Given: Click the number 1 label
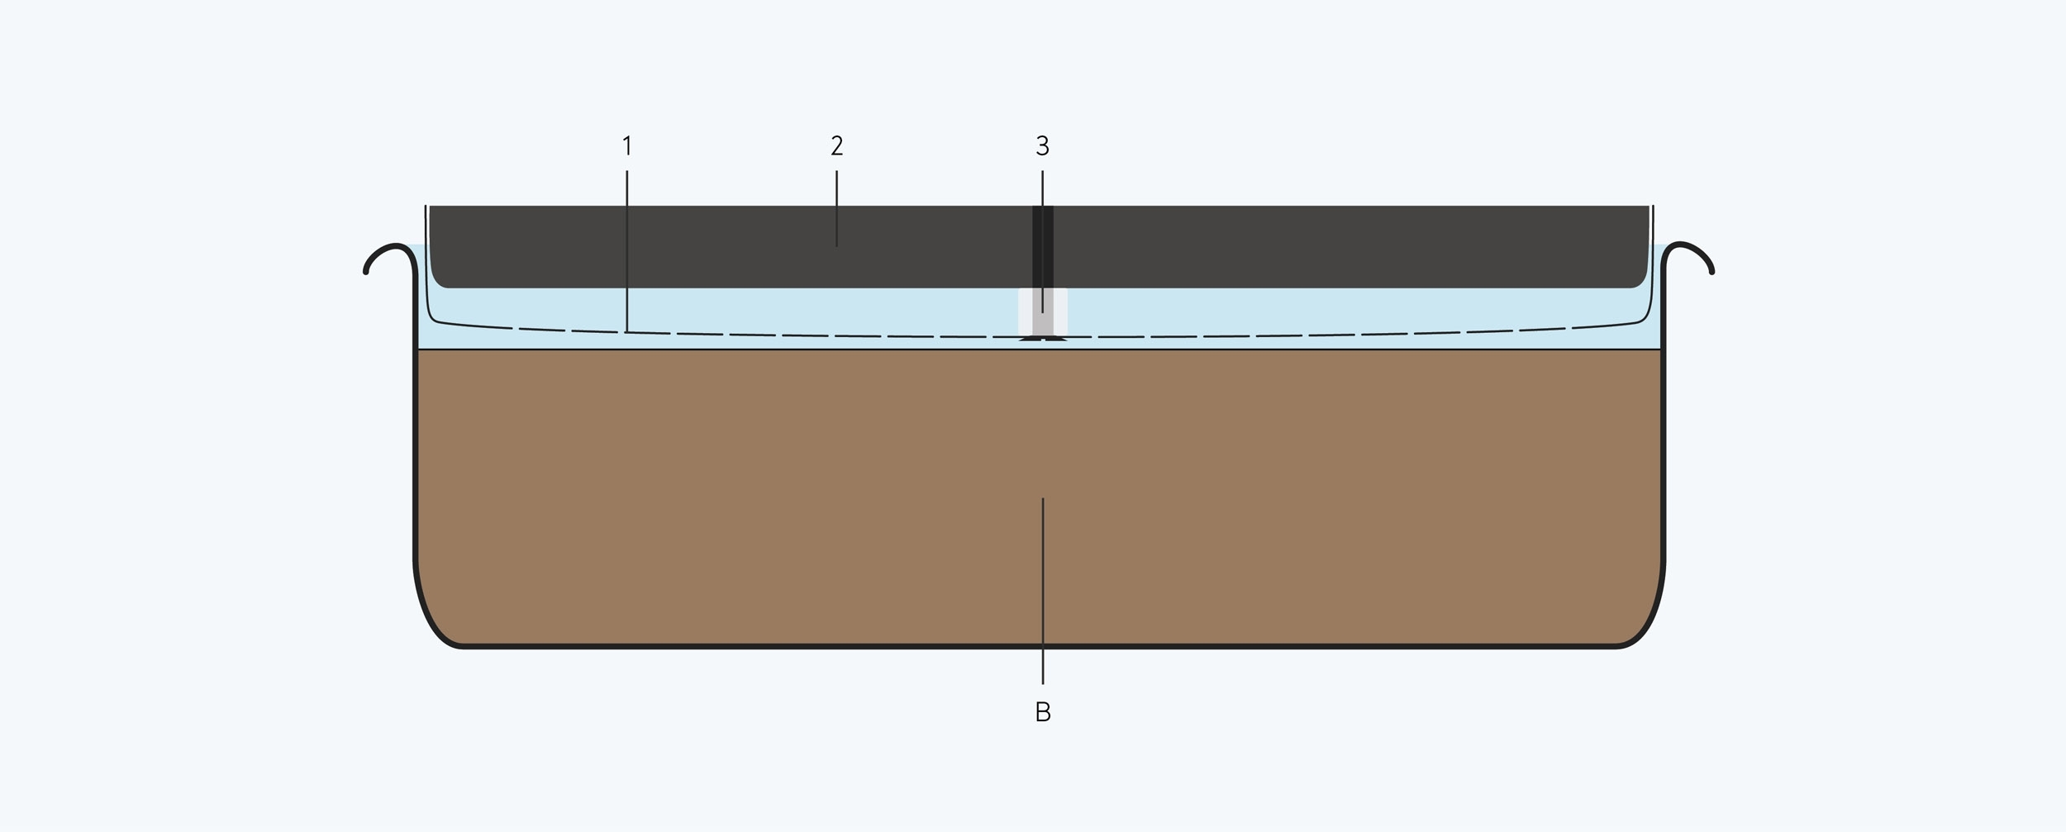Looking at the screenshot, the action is click(627, 146).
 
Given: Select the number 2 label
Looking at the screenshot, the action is click(836, 146).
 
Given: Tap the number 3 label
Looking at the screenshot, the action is click(1042, 146).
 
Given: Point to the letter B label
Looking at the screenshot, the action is click(1043, 711).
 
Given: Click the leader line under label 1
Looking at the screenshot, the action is click(627, 251).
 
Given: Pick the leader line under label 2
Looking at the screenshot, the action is click(836, 208).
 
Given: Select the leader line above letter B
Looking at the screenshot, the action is click(1043, 591).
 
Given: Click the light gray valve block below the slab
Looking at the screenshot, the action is click(1043, 311).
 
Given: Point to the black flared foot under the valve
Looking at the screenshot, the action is click(1043, 338).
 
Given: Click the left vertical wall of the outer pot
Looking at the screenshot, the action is click(414, 413).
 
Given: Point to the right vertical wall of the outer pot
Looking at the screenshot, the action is click(1664, 413).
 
